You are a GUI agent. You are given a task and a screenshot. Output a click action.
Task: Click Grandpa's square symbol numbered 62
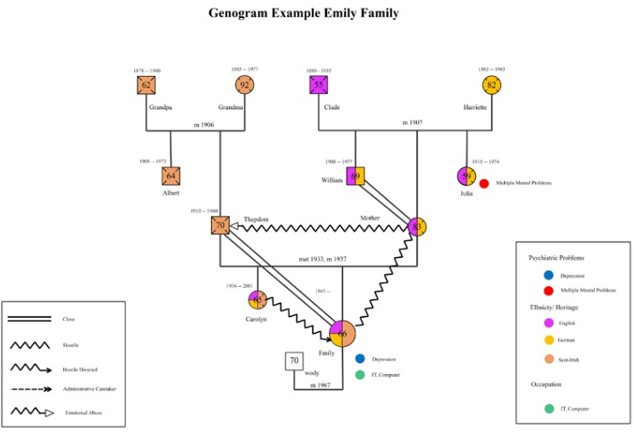[x=146, y=85]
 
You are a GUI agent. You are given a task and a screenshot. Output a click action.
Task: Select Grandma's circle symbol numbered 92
[x=245, y=85]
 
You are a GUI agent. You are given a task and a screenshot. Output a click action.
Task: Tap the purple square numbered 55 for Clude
[x=319, y=85]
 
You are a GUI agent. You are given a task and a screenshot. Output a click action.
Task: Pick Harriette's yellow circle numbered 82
[x=491, y=85]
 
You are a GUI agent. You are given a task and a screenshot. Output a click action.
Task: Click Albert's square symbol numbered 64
[x=171, y=176]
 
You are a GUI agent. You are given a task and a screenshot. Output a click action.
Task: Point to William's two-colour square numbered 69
[x=355, y=176]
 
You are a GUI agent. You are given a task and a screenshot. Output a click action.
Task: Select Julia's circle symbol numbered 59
[x=467, y=176]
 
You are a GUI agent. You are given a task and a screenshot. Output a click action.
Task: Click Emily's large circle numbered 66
[x=342, y=334]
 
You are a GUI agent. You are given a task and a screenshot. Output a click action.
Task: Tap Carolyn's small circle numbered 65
[x=257, y=300]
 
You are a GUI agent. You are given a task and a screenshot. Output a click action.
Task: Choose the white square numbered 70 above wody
[x=294, y=361]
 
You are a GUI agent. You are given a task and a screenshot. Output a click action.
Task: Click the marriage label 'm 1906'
[x=203, y=125]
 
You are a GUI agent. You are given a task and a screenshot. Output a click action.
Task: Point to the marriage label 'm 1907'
[x=414, y=122]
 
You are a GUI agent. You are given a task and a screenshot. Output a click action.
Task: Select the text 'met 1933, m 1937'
[x=322, y=258]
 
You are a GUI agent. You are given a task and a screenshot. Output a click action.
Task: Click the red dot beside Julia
[x=484, y=183]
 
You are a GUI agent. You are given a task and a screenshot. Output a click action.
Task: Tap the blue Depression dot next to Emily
[x=360, y=359]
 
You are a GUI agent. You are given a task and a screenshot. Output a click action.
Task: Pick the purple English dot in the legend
[x=548, y=324]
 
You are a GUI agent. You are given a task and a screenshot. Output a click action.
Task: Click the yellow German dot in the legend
[x=548, y=340]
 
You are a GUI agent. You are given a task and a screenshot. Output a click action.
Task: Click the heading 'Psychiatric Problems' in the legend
[x=557, y=257]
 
